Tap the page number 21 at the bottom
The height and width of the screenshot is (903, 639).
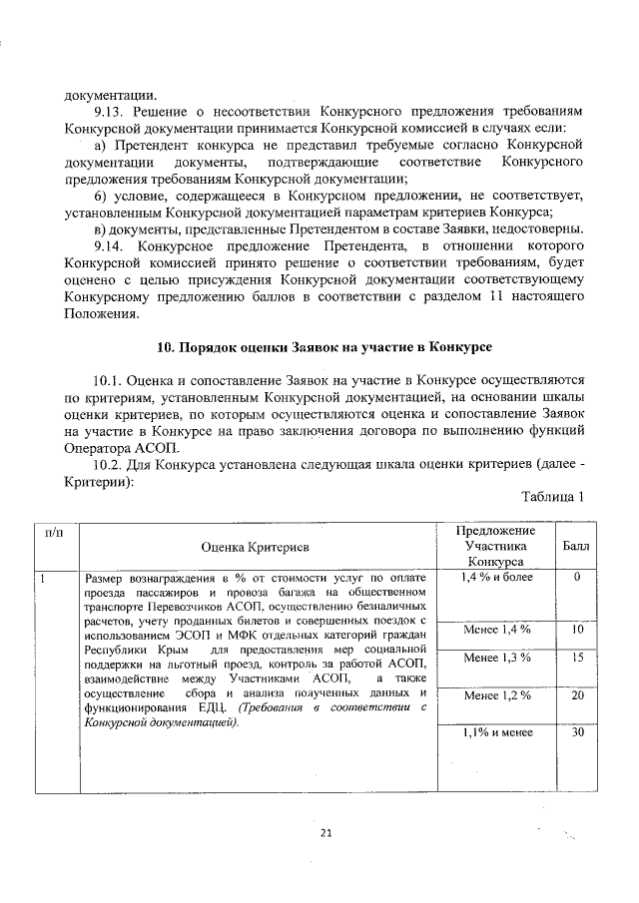(324, 832)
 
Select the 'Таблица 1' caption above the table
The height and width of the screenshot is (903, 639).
(551, 496)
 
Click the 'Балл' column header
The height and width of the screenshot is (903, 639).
(576, 547)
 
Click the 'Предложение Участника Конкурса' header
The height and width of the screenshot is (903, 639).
(496, 546)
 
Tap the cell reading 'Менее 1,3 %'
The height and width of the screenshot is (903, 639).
(496, 659)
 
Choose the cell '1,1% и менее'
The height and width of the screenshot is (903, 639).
(496, 732)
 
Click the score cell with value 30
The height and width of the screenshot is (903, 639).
(576, 732)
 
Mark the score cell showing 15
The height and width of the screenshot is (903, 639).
(576, 659)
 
